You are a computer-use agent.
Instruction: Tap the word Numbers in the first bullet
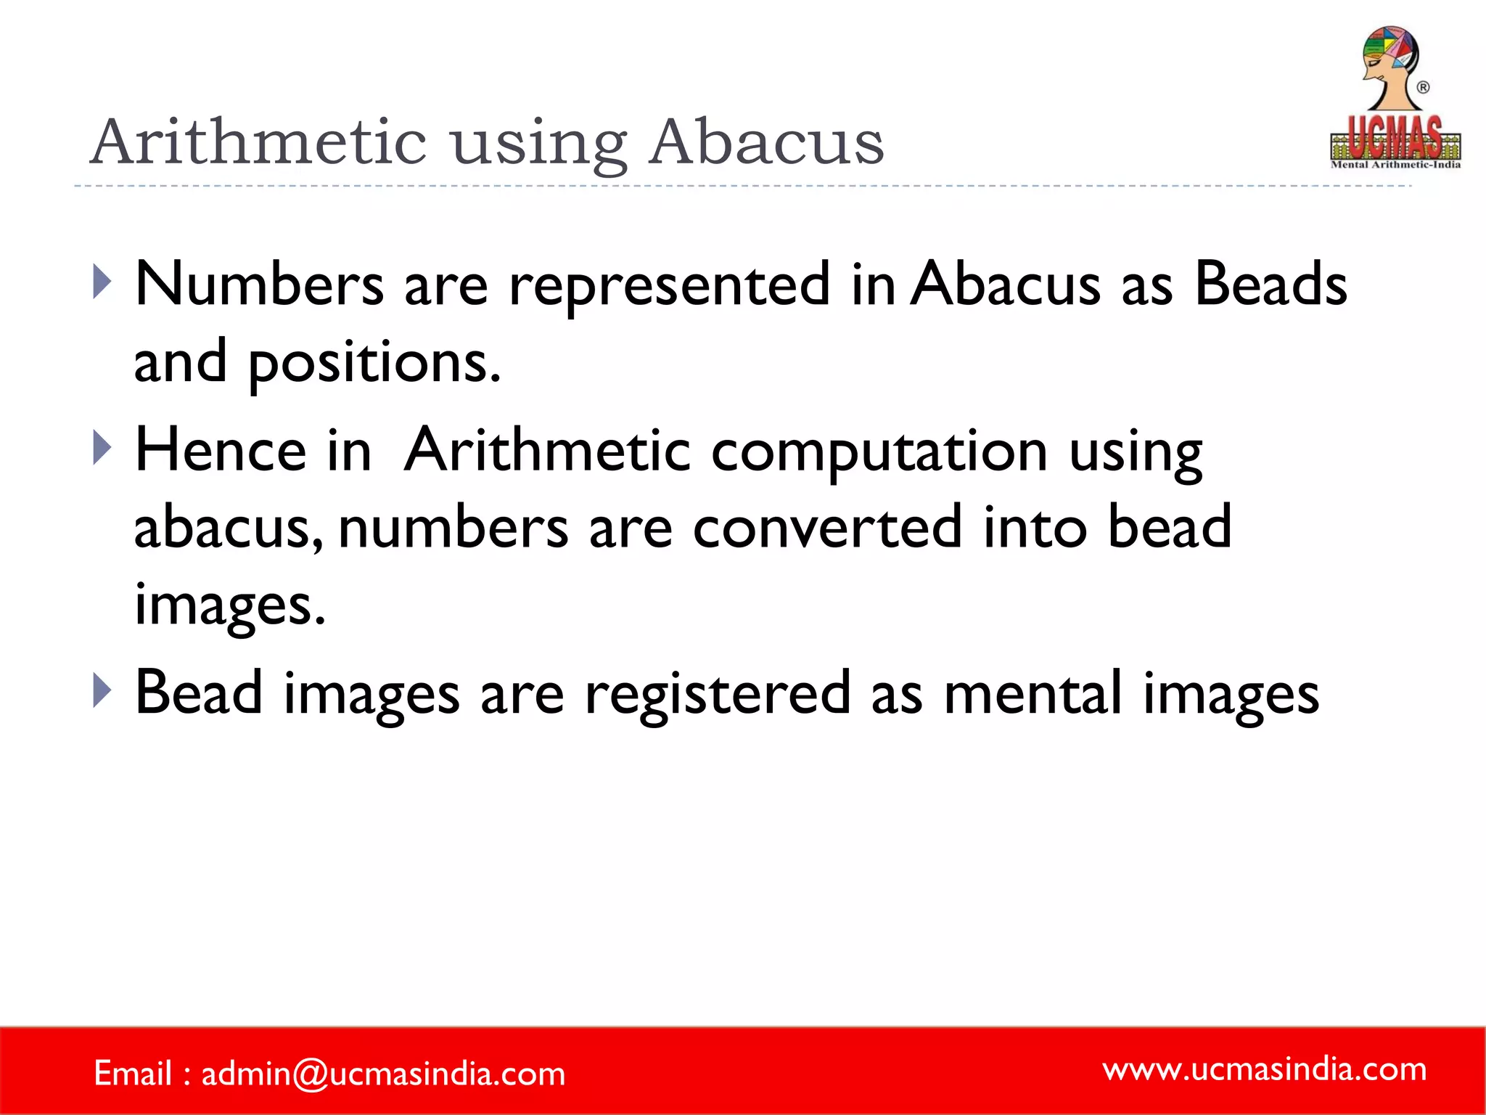(259, 285)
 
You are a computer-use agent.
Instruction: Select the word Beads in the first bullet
(1271, 285)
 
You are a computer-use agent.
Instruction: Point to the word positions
(374, 362)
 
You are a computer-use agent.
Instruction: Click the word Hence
(221, 451)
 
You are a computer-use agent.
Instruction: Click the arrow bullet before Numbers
(102, 282)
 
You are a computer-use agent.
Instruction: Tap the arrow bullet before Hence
(102, 448)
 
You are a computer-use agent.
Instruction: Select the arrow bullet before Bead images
(102, 690)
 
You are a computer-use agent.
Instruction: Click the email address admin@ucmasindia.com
(383, 1074)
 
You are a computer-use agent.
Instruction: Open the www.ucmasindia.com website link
(1264, 1069)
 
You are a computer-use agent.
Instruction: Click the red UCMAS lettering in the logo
(1395, 138)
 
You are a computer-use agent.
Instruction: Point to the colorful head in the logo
(1389, 58)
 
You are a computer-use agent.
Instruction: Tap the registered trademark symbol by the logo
(1423, 88)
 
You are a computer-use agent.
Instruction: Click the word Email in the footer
(133, 1074)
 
